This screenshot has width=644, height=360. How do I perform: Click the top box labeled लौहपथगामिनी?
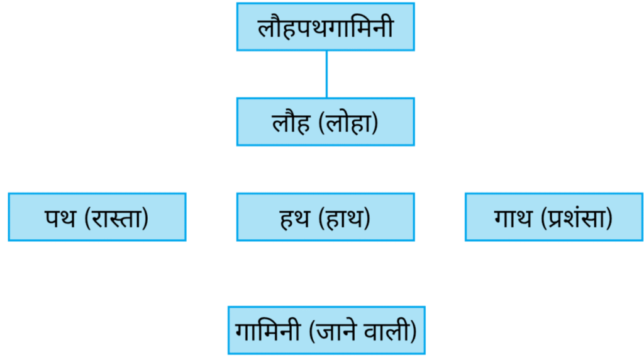click(x=325, y=26)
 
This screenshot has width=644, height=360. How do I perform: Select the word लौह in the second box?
click(x=291, y=121)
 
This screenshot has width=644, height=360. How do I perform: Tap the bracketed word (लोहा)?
click(x=348, y=123)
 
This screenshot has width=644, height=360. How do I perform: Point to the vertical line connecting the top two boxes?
click(x=326, y=74)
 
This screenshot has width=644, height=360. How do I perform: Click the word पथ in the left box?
click(x=60, y=218)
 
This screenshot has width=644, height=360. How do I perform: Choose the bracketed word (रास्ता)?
click(x=116, y=218)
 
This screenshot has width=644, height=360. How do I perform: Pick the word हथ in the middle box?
click(x=294, y=218)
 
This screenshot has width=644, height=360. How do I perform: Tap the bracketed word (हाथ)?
click(x=344, y=218)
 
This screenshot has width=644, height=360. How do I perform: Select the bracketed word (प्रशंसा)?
click(x=577, y=217)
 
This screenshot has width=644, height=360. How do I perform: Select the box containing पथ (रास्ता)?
click(x=97, y=217)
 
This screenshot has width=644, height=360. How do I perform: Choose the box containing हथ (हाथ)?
click(x=325, y=217)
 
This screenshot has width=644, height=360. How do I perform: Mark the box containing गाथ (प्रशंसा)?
click(x=553, y=217)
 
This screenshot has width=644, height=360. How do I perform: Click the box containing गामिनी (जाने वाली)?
click(x=326, y=330)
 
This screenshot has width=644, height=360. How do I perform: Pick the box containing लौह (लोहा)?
click(x=325, y=121)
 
